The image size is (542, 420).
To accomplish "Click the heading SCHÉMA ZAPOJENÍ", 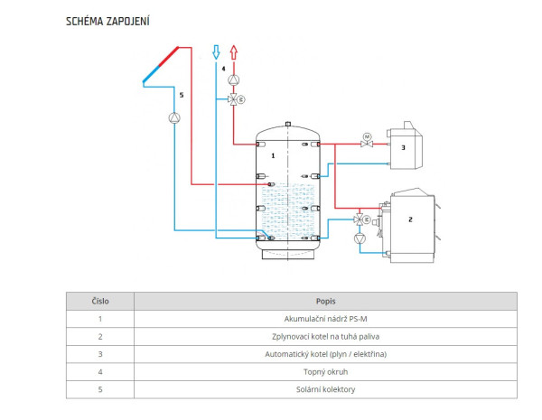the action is point(107,21).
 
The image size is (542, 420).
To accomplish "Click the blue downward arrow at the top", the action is point(216,52).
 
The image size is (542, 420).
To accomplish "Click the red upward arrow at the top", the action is point(234,52).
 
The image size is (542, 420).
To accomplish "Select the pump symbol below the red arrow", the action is point(234,80).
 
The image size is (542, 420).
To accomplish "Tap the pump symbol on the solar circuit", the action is point(174,118).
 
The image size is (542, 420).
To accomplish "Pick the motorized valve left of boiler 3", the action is point(367,141).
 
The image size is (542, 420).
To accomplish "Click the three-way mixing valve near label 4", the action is point(236,99).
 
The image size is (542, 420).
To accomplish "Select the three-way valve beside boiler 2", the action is point(361,219).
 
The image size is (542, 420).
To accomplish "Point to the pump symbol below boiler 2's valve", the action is point(360,238).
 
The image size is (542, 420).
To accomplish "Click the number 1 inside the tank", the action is point(273,156).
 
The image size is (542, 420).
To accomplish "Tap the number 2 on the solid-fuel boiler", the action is point(410,219).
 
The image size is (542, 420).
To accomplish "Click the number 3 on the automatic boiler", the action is point(403,147).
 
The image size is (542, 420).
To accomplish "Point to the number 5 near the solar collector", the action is point(182,95).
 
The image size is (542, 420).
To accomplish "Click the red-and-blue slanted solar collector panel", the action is point(161,65).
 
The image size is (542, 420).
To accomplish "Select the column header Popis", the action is point(325,302).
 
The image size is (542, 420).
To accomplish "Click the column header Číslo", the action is point(100,302).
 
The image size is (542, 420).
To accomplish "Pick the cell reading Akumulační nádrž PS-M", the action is point(325,319).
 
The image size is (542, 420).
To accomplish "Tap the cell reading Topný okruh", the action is point(325,372).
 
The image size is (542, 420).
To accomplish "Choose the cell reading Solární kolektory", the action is point(325,389).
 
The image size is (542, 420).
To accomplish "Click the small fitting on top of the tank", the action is point(288,124).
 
